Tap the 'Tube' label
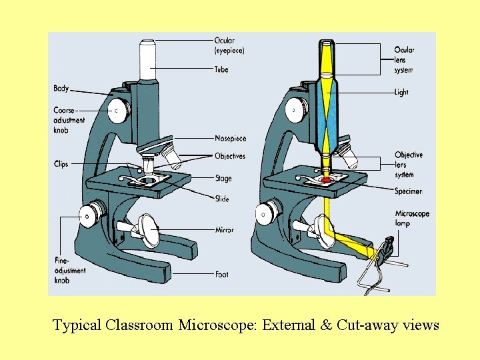[221, 69]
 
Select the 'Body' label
[61, 89]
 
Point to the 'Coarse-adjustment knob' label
[69, 120]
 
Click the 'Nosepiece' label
[230, 139]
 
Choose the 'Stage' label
[223, 179]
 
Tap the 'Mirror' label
[224, 230]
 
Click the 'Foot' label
[222, 274]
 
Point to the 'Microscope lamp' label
[411, 219]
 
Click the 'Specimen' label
[408, 191]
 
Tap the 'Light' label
[401, 93]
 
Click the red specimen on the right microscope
[326, 180]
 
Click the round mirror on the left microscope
[149, 231]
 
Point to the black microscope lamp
[385, 250]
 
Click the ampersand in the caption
[326, 325]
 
